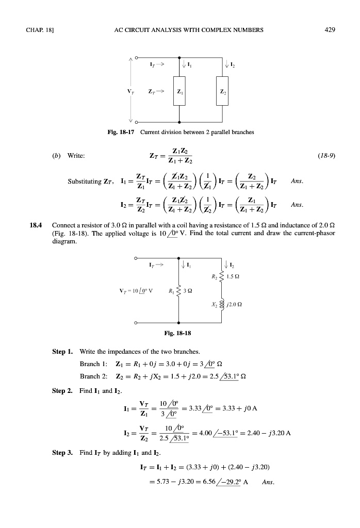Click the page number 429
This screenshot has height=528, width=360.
(x=331, y=29)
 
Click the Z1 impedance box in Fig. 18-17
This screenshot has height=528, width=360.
(x=179, y=91)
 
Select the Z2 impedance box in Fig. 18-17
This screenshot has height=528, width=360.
(x=222, y=91)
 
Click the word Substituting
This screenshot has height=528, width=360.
(x=85, y=181)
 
